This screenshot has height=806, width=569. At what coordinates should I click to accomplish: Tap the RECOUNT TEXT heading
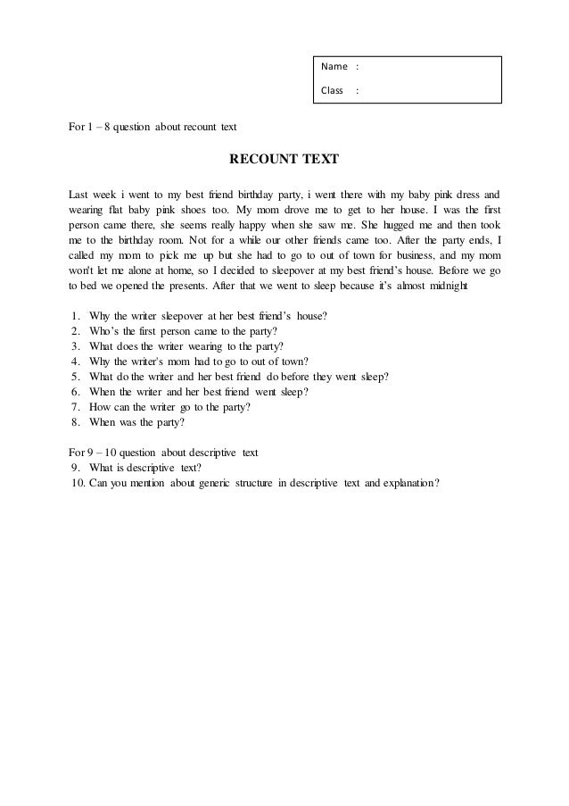click(284, 161)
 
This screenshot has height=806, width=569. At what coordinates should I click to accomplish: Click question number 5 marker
click(72, 378)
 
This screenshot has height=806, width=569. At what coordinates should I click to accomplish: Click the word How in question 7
click(101, 408)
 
